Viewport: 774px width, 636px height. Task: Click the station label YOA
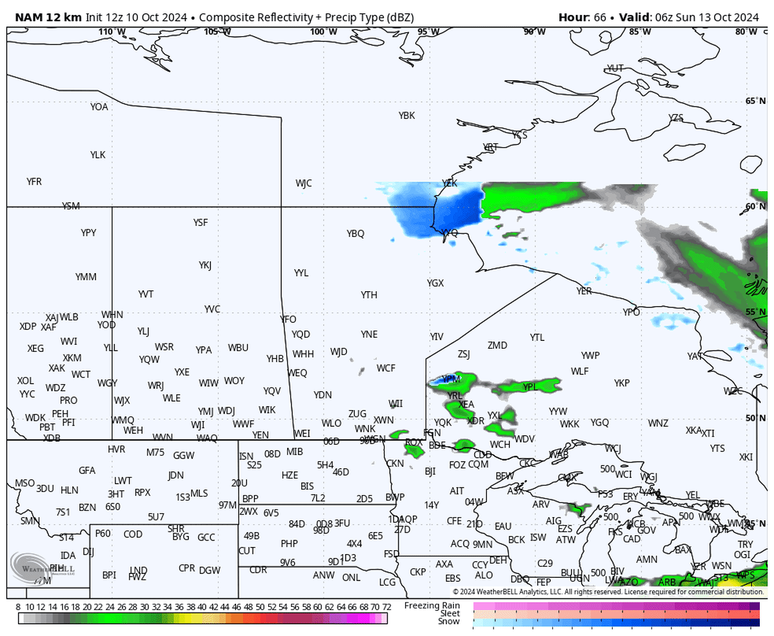(99, 107)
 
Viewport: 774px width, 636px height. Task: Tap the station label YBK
(406, 116)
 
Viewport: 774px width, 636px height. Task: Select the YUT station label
(615, 68)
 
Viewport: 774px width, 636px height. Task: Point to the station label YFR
(34, 182)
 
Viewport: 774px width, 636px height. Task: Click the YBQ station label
(355, 234)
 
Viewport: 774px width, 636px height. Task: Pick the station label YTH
(369, 295)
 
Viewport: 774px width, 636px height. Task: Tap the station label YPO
(631, 313)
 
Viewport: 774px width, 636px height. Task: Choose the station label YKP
(622, 383)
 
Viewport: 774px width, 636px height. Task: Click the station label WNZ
(659, 424)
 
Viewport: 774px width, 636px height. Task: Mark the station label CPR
(187, 568)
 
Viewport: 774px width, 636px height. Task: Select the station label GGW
(184, 456)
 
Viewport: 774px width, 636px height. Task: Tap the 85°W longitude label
(639, 32)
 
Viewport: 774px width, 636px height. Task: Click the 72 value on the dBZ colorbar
(386, 607)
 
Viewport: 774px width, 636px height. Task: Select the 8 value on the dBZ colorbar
(19, 607)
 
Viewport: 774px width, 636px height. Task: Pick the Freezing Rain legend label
(432, 606)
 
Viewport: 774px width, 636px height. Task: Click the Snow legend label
(449, 622)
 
